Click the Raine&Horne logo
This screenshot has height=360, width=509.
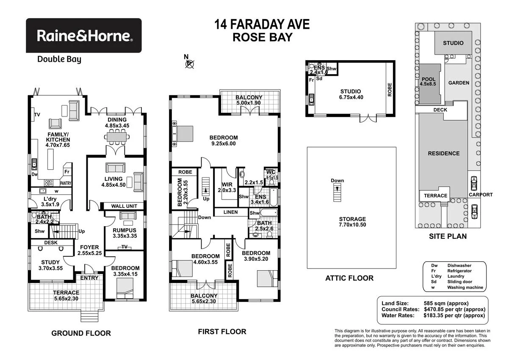click(84, 35)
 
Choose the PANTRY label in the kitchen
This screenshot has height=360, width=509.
click(65, 183)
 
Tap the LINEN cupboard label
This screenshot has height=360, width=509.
click(230, 212)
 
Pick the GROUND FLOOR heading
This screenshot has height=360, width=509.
click(81, 333)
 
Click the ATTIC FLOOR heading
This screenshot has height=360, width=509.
click(349, 278)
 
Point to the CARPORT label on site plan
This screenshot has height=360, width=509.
click(481, 195)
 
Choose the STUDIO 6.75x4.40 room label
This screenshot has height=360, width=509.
click(351, 94)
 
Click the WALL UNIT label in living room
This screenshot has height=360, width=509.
click(123, 206)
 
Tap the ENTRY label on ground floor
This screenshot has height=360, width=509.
click(89, 278)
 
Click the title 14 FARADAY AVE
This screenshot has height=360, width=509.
click(263, 25)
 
